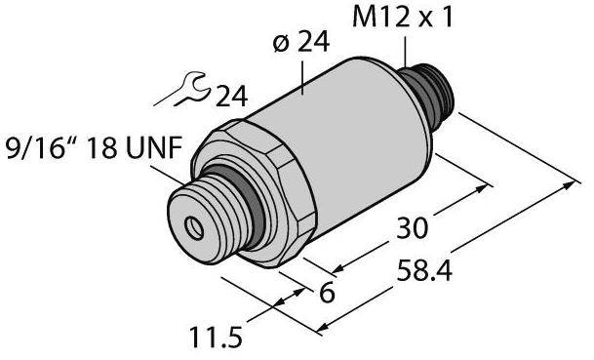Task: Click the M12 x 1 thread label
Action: [x=402, y=18]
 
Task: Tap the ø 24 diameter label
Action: [x=300, y=42]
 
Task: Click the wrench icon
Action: [x=182, y=90]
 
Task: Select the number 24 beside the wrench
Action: [x=231, y=97]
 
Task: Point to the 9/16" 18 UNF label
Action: [x=92, y=147]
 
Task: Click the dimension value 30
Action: [x=413, y=228]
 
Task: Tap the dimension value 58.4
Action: [x=424, y=271]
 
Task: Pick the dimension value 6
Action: [x=327, y=293]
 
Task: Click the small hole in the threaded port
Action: [x=194, y=228]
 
